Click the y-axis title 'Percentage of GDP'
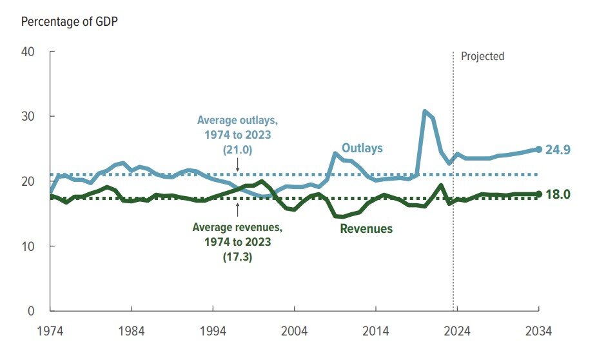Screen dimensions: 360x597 coord(70,21)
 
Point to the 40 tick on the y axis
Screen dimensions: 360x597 coord(28,52)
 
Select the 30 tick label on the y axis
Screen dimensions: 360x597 coord(28,116)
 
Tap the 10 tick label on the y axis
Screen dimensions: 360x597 coord(28,246)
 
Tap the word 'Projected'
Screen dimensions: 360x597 coord(482,56)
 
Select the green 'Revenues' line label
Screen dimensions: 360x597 coord(366,228)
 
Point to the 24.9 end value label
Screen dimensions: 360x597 coord(558,150)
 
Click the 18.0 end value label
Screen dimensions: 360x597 coord(558,194)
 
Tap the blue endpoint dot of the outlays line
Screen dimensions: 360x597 coord(538,149)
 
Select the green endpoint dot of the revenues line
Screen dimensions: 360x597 coord(538,194)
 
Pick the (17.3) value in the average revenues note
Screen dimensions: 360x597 coord(237,255)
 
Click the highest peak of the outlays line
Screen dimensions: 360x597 coord(425,112)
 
